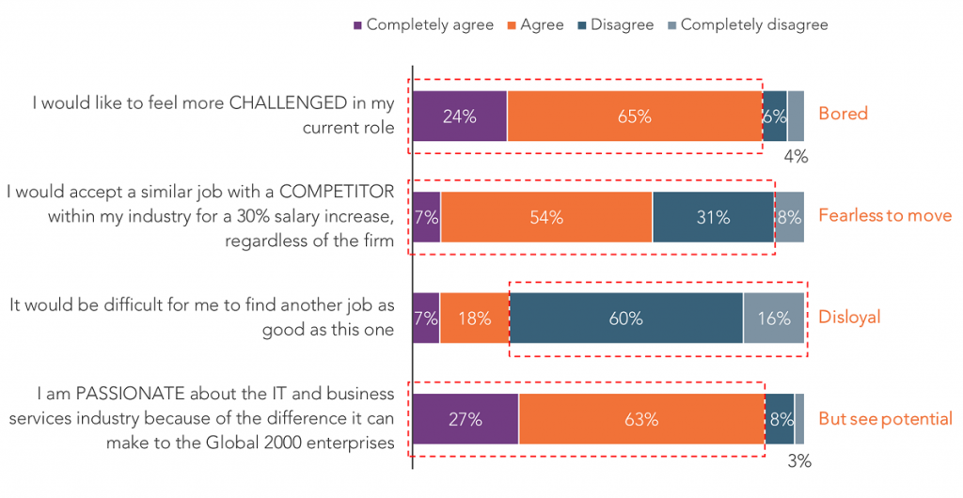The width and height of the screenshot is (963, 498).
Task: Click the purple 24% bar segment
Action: [x=460, y=116]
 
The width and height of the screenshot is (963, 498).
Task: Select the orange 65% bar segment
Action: [x=635, y=116]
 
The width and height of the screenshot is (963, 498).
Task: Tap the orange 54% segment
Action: [x=546, y=217]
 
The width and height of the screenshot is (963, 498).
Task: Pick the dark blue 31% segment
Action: [x=713, y=217]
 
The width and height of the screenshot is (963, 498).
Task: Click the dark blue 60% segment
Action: [x=626, y=318]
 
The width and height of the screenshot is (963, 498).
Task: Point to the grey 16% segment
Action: [x=774, y=318]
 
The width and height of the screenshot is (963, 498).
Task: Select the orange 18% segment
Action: [x=475, y=318]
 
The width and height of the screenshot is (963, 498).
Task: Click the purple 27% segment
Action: [x=466, y=419]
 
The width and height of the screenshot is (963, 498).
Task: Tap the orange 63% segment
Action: [x=641, y=419]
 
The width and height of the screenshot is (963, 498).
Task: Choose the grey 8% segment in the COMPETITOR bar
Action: [x=789, y=217]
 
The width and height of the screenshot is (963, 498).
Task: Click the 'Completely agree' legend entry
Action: [x=423, y=25]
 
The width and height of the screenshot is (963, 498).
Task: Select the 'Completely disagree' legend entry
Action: [x=748, y=25]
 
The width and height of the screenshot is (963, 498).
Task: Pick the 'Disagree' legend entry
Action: [x=615, y=25]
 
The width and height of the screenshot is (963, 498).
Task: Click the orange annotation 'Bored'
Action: [x=844, y=114]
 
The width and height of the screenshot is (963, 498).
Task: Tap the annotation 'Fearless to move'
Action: [x=885, y=215]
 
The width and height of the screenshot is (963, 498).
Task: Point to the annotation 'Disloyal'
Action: [x=849, y=317]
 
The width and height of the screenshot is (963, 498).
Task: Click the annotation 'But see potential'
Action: [x=886, y=419]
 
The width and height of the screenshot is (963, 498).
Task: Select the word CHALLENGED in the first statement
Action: [x=288, y=103]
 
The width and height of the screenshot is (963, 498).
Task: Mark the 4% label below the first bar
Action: [x=796, y=157]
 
